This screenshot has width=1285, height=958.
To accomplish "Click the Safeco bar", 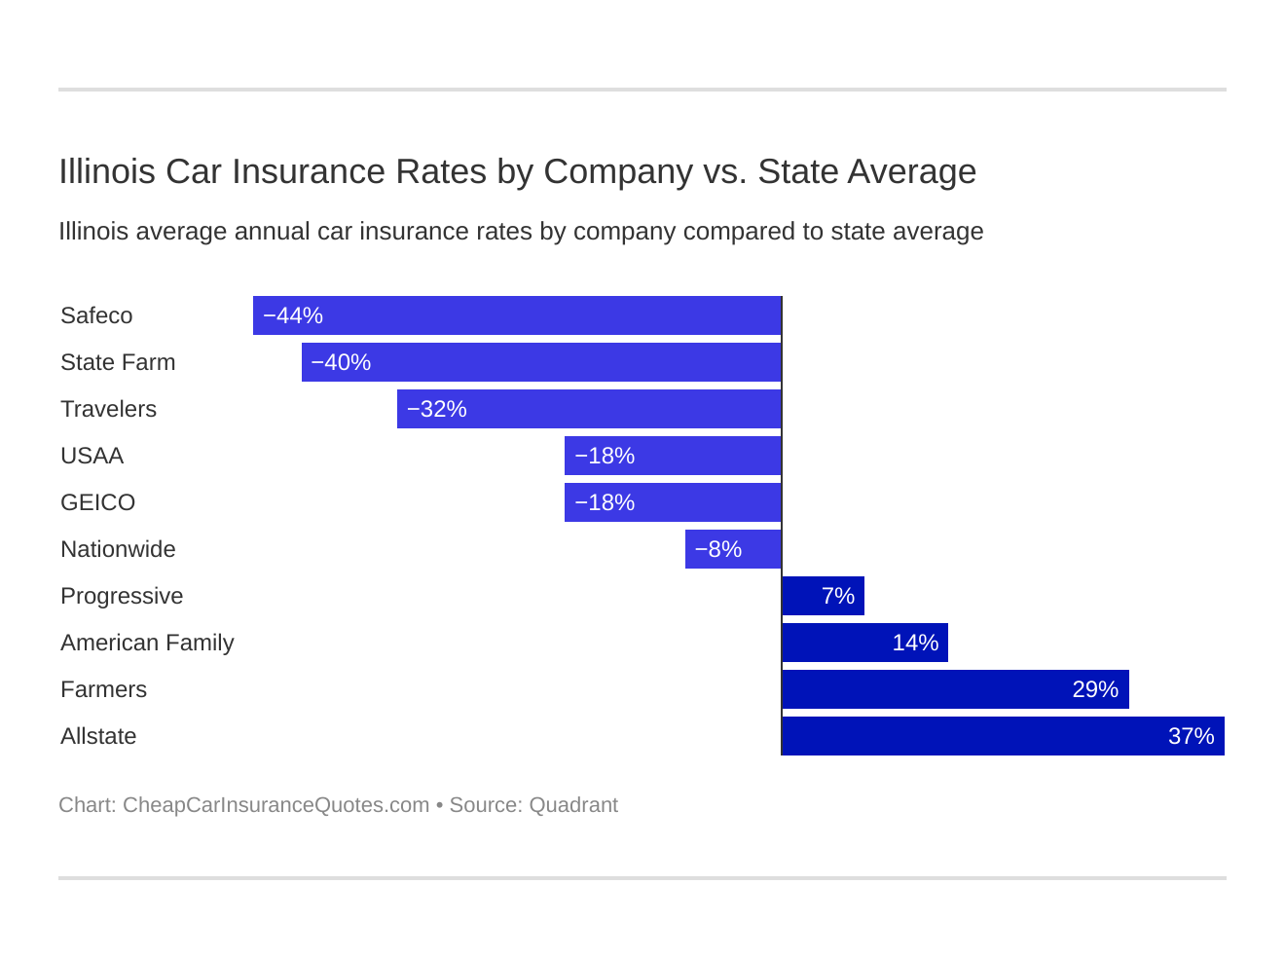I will [517, 315].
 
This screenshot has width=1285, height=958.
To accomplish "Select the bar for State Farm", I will [541, 362].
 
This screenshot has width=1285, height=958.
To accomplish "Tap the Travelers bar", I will [589, 409].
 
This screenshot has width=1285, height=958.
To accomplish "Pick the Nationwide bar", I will [733, 549].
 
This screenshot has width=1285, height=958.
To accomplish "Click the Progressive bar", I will [823, 596].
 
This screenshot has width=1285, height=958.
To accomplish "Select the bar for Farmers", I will [955, 689].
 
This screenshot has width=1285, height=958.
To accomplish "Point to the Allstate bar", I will [1003, 736].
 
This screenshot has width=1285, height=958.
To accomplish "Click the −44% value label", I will [293, 315].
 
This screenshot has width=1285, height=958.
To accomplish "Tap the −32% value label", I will [437, 409].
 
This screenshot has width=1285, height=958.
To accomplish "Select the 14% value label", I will [915, 643].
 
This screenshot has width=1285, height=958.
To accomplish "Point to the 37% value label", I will [1191, 736].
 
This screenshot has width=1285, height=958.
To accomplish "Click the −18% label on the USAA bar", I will [605, 456].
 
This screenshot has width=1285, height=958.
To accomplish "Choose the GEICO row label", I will [98, 502].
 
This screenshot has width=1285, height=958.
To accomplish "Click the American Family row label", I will [147, 643].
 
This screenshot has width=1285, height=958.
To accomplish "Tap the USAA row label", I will [92, 456].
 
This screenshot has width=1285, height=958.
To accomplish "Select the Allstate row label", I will [98, 736].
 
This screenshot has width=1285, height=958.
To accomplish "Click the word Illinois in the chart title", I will [107, 171].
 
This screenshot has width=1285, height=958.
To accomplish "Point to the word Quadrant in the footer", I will [573, 805].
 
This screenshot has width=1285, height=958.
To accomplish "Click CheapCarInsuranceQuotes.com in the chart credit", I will [275, 805].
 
